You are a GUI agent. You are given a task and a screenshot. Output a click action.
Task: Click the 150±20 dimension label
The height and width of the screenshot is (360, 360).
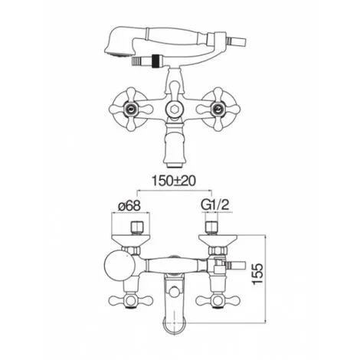coord(174,181)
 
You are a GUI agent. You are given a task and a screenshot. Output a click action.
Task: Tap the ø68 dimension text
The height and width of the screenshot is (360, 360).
coord(129,205)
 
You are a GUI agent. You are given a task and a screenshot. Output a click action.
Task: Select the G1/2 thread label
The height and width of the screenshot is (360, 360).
coord(215,205)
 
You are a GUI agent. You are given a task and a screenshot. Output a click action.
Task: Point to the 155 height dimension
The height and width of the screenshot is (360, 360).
coord(258,273)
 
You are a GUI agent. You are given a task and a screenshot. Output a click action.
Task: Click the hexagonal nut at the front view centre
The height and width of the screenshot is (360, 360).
coord(174,110)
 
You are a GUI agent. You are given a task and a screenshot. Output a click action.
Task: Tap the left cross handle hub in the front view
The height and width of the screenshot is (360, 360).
coord(131,110)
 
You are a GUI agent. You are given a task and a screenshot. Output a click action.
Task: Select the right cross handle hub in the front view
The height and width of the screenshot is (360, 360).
coord(218,110)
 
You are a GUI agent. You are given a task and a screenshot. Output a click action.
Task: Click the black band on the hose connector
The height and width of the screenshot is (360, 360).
coord(155,61)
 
